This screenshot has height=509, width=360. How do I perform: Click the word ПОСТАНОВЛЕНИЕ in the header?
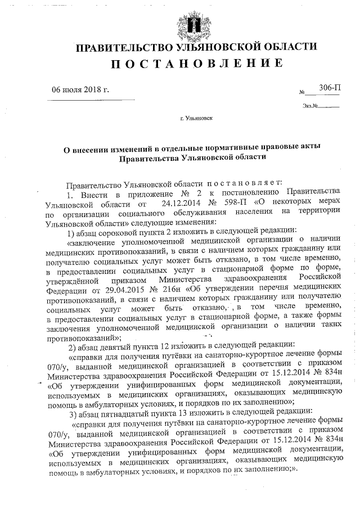coord(195,64)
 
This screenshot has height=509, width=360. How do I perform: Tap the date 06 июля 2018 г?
coord(80,89)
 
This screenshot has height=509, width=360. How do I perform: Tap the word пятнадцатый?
coord(129,412)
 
